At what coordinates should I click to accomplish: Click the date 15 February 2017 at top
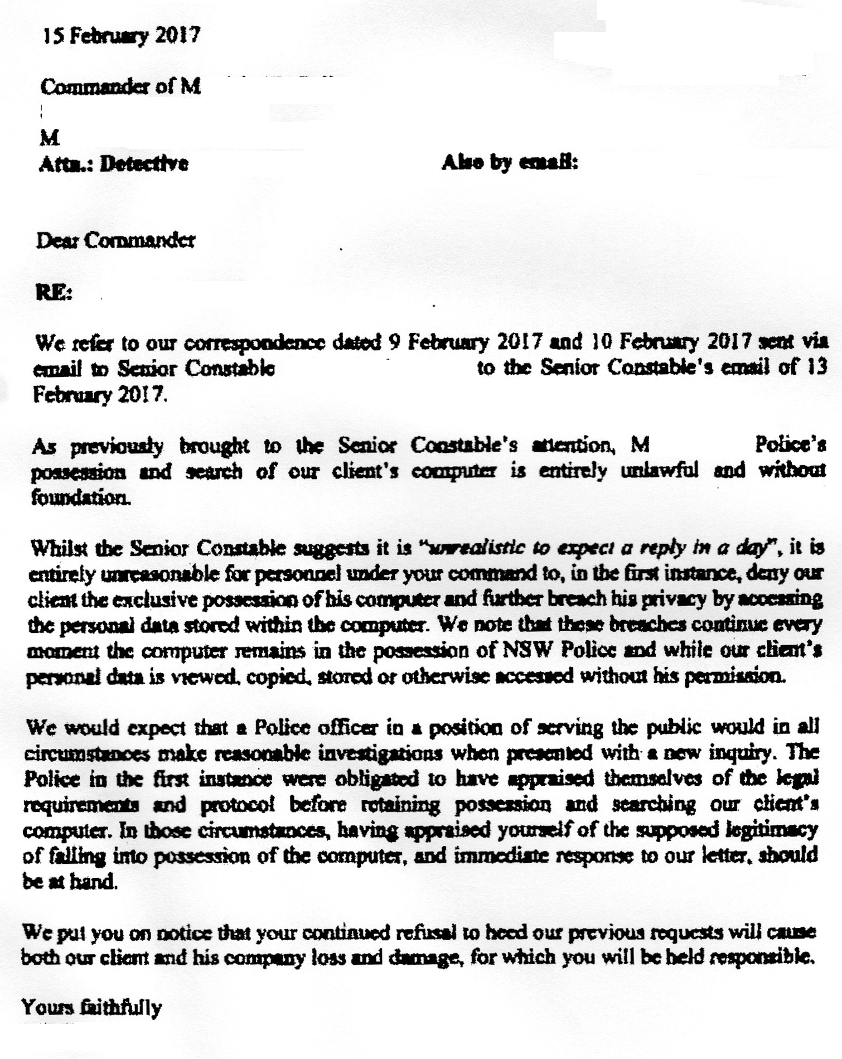click(121, 36)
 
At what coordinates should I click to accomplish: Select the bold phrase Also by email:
click(510, 162)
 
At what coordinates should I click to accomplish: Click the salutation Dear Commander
click(115, 240)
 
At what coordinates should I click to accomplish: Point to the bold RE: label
click(54, 292)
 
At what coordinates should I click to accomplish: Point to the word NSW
click(528, 650)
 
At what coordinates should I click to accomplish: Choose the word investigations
click(381, 753)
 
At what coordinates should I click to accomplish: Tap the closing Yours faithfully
click(92, 1007)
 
